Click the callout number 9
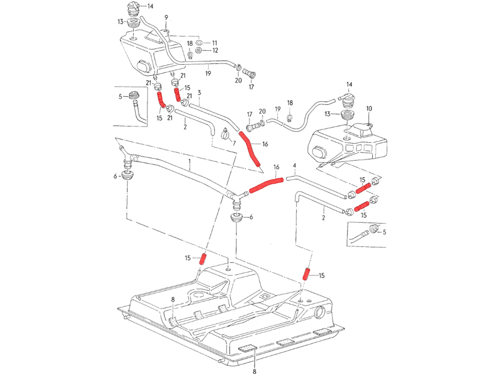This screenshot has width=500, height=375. coord(166,17)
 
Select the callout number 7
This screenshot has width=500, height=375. coord(234,143)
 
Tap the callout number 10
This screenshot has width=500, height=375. coord(369,108)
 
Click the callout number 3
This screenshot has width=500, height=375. coord(199,93)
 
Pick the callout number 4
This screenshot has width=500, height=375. coord(294,165)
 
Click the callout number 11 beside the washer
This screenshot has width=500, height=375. coord(214,43)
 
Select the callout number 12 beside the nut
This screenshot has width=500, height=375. coord(215,50)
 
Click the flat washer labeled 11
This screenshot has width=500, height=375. coord(199,43)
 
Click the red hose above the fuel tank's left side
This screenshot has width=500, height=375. coord(203,259)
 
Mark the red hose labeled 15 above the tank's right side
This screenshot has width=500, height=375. coord(306,274)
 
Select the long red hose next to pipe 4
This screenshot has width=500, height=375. coord(266,184)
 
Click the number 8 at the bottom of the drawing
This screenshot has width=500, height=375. coord(254,371)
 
